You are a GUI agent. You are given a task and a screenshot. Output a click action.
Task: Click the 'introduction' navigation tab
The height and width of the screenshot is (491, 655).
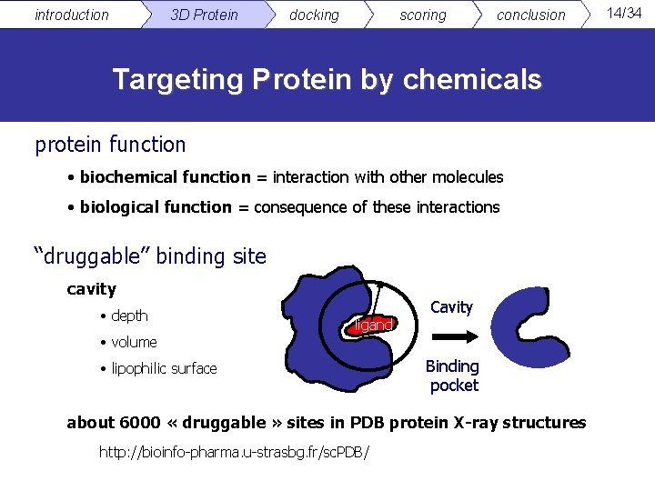pyautogui.click(x=71, y=15)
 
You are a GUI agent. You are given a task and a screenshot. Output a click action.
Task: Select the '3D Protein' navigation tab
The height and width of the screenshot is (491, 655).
pyautogui.click(x=204, y=15)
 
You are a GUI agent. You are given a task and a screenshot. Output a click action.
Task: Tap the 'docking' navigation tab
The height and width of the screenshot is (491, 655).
pyautogui.click(x=314, y=15)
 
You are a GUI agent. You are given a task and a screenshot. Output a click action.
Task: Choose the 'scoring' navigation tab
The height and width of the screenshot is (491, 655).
pyautogui.click(x=423, y=15)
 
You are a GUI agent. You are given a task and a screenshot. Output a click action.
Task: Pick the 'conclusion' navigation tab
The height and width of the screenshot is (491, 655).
pyautogui.click(x=530, y=15)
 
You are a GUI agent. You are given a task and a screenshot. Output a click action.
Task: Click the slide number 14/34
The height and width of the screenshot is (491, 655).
pyautogui.click(x=624, y=12)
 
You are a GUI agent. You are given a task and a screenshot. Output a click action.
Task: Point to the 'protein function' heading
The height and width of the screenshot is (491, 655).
pyautogui.click(x=110, y=145)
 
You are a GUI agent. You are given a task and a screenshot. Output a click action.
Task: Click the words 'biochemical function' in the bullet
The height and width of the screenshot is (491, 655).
pyautogui.click(x=165, y=176)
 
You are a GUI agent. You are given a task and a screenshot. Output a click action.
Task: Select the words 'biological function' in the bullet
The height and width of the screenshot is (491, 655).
pyautogui.click(x=156, y=207)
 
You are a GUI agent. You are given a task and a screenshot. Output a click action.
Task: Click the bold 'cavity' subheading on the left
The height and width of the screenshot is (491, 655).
pyautogui.click(x=91, y=289)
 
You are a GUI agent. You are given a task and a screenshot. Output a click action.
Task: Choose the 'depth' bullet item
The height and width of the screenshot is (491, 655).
pyautogui.click(x=129, y=316)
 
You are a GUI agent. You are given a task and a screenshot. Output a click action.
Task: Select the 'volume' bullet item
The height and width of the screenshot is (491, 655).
pyautogui.click(x=134, y=342)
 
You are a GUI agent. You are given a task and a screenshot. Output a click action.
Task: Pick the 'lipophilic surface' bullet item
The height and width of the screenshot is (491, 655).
pyautogui.click(x=164, y=368)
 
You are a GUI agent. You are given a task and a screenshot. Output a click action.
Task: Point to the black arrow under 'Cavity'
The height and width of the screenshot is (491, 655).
pyautogui.click(x=451, y=337)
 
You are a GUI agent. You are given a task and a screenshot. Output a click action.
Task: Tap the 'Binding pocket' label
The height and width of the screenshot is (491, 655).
pyautogui.click(x=453, y=376)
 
